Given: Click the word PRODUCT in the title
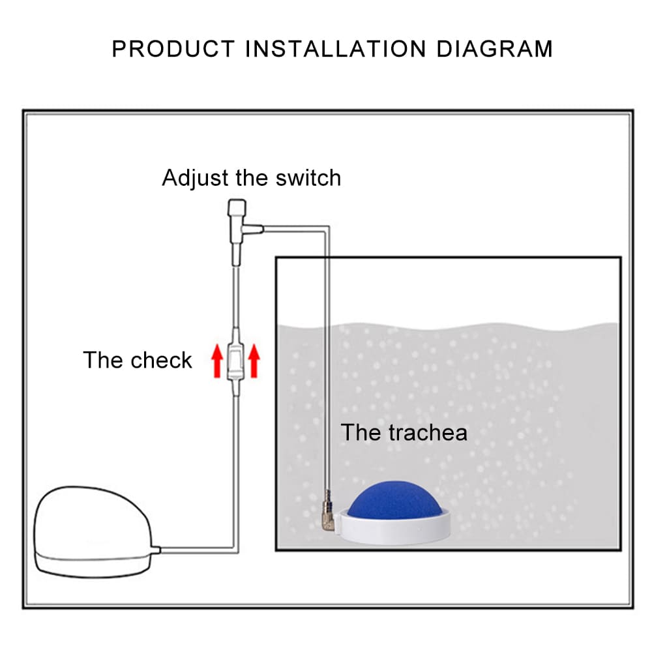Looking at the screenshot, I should [172, 50].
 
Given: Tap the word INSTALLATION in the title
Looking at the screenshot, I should [334, 50].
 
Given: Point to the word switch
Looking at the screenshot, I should [308, 177].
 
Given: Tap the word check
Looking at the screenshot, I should [161, 360].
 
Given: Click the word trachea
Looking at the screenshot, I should [427, 432].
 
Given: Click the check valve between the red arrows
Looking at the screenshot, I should [235, 363].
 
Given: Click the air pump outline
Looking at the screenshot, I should [91, 531].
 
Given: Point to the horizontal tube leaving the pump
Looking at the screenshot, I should [196, 551].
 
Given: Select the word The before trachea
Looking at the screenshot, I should [361, 432].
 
